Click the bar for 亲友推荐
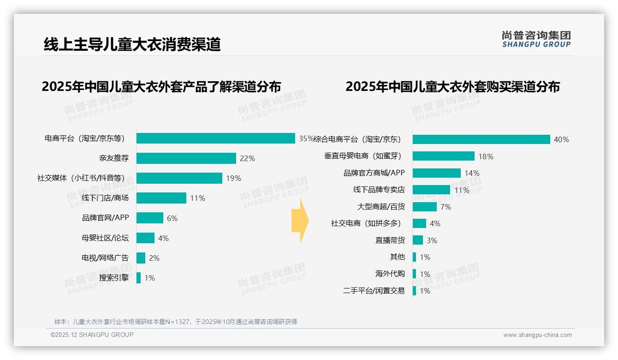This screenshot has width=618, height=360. pos(186,158)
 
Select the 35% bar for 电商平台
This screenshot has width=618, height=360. pos(216,138)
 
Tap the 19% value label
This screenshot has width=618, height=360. pos(233,179)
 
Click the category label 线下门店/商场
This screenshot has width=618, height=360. pos(105,198)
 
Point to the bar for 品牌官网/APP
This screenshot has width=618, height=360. pos(150,218)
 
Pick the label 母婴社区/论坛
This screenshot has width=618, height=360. pos(105,238)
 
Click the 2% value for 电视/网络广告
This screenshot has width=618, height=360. pos(154,258)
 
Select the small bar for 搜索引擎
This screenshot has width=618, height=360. pos(138,278)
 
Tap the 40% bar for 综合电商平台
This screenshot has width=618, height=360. pos(481,139)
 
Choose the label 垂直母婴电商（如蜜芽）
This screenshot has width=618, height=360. pos(362,156)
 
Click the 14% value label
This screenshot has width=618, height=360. pos(472,174)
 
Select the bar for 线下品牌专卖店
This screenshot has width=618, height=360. pos(431,190)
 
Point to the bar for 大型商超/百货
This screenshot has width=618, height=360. pos(424,207)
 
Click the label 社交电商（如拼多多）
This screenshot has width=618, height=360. pos(366,223)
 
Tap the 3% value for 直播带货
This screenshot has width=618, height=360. pos(432,240)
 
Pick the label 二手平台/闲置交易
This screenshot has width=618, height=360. pos(374,291)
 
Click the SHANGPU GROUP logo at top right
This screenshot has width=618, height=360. pos(536,39)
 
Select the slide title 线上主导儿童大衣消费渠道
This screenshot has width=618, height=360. pos(132,44)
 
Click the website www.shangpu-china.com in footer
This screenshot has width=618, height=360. pos(537,335)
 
